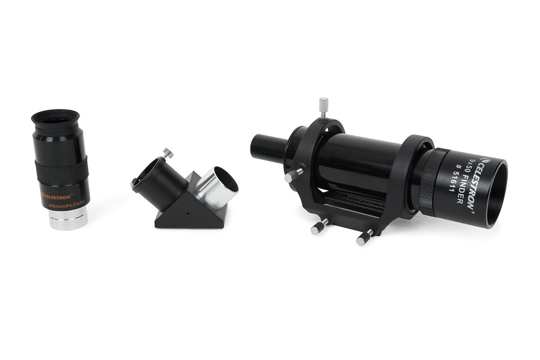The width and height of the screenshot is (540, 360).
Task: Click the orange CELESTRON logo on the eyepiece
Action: [x=57, y=195]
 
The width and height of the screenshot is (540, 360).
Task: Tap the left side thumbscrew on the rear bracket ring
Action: [x=292, y=176]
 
